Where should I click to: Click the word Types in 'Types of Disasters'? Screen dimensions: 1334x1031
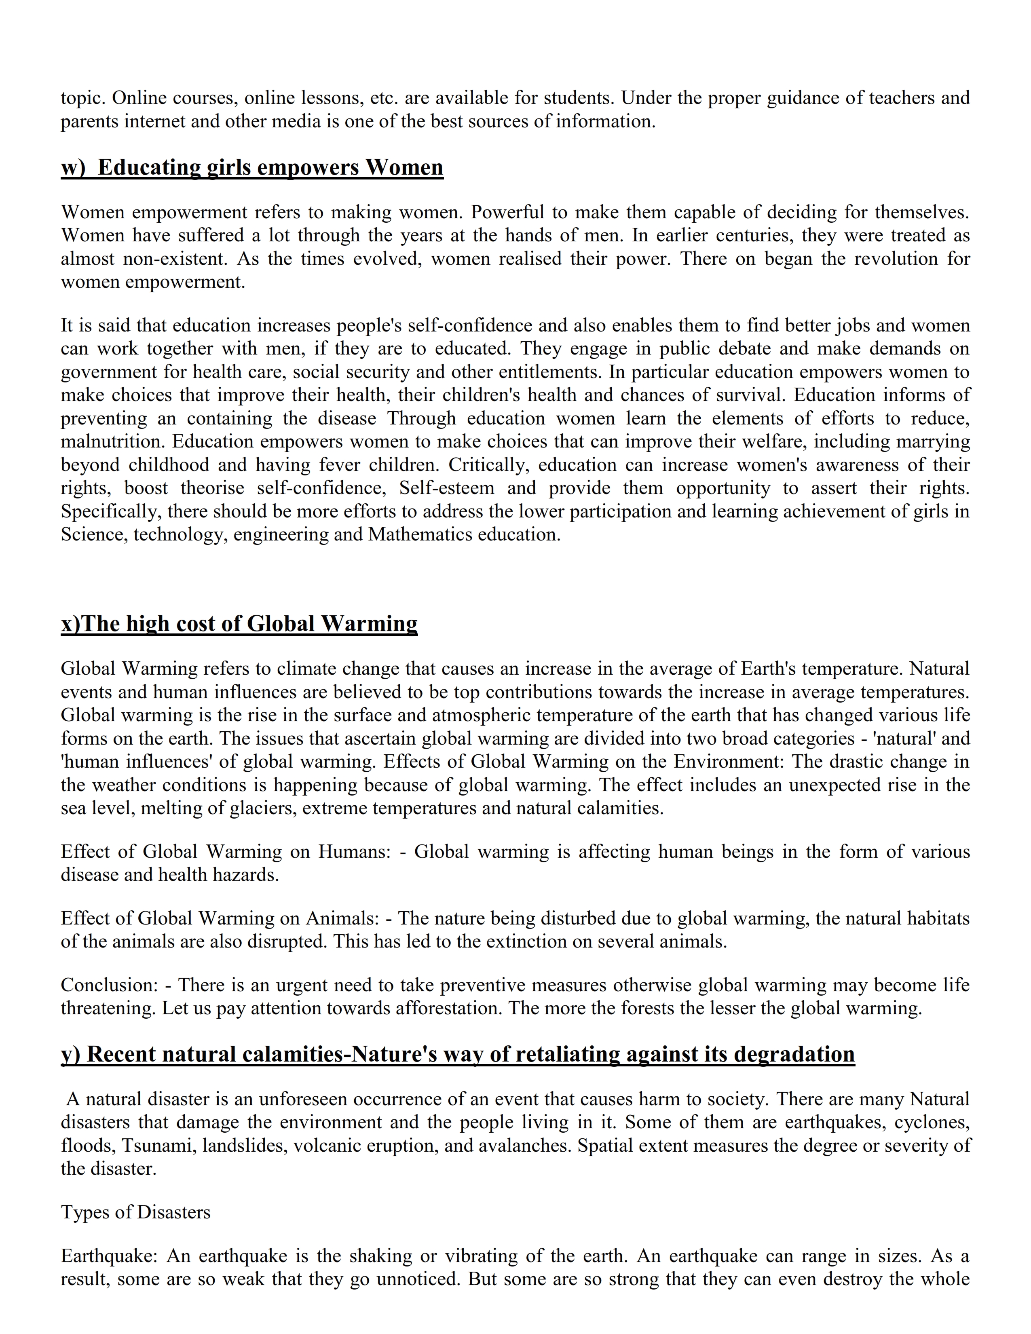[x=82, y=1212]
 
